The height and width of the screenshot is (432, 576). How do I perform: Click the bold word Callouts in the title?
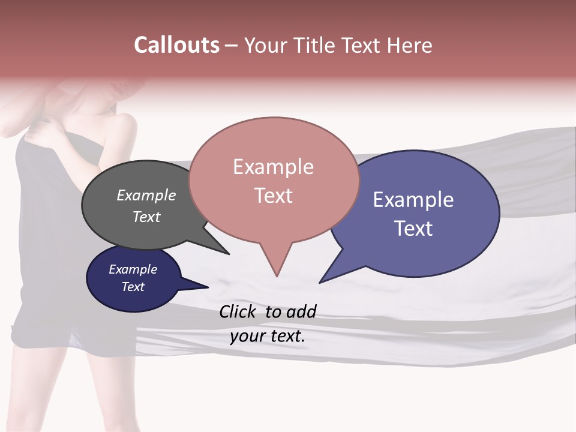[176, 45]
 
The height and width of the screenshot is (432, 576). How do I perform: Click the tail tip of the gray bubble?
[228, 253]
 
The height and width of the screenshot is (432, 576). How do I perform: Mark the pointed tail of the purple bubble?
[320, 281]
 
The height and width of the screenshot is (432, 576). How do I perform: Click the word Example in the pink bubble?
[273, 167]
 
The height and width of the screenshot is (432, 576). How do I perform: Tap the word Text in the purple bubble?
[413, 229]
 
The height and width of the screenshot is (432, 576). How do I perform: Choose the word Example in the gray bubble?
[146, 196]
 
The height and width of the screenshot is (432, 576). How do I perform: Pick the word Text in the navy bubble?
[133, 287]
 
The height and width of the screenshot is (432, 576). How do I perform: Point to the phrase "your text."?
[268, 336]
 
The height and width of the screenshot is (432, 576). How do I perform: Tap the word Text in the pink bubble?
[274, 196]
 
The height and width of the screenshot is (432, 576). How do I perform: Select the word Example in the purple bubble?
[413, 200]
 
